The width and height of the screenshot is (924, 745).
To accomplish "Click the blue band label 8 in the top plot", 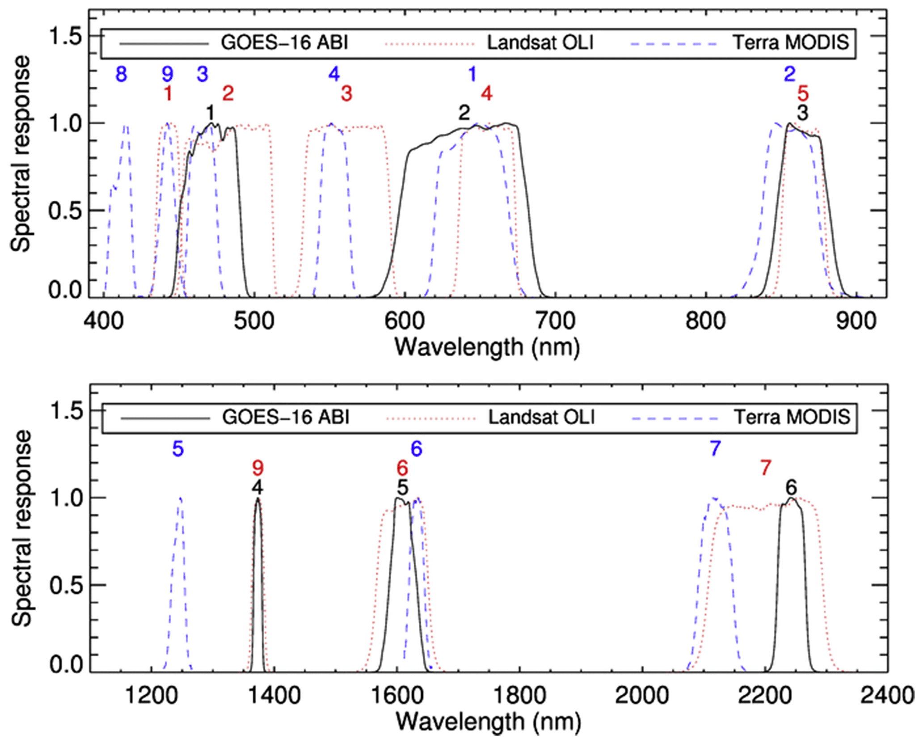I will (x=121, y=74).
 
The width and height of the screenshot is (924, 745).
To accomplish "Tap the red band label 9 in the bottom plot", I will (x=258, y=469).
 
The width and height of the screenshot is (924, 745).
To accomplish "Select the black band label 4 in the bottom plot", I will (x=257, y=487).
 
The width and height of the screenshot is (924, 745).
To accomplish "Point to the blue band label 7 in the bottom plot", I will (x=715, y=449).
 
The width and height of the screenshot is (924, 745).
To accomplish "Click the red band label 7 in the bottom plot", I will (x=766, y=468).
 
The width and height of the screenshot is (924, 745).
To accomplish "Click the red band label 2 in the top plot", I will (x=228, y=93).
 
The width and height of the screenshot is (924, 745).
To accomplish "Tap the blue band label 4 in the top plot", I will (x=334, y=74).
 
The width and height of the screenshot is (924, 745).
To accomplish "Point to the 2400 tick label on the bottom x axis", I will (x=887, y=696).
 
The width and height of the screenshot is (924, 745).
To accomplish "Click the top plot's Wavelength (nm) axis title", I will (x=487, y=347).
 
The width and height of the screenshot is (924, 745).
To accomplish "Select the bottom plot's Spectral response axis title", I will (x=21, y=528).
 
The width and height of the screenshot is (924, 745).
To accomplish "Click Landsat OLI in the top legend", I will (x=540, y=43).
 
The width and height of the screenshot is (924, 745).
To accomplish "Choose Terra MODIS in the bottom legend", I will (x=792, y=417).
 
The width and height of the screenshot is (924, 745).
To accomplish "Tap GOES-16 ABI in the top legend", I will (x=285, y=43).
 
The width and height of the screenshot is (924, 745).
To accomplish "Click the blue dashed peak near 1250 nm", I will (x=180, y=498).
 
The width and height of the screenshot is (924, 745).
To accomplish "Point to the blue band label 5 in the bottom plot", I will (x=178, y=449).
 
